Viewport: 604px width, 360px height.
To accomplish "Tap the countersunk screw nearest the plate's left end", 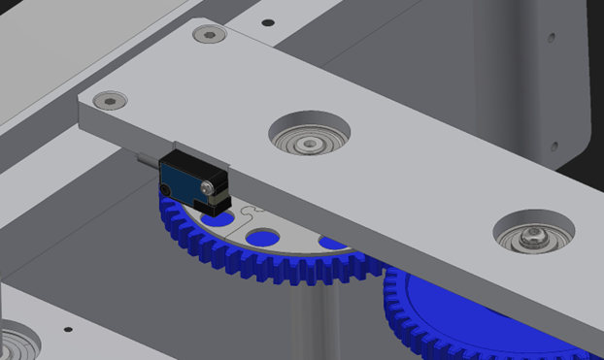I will [110, 99].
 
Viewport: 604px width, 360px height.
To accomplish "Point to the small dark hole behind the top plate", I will [268, 21].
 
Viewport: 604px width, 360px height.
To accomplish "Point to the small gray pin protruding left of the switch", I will [147, 165].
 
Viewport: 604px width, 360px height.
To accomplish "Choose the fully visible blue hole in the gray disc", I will [261, 237].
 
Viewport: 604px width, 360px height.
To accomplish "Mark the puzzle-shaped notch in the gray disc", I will [251, 209].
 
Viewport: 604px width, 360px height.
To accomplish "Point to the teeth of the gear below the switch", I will [243, 262].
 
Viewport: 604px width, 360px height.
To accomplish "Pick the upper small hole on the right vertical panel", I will [551, 40].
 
